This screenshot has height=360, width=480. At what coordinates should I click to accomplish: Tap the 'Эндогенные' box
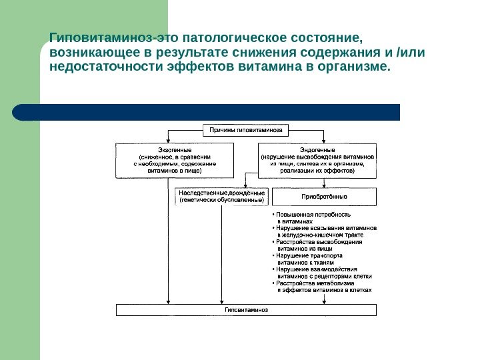coord(317,160)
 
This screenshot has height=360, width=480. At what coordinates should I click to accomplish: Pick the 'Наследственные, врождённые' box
coord(222,197)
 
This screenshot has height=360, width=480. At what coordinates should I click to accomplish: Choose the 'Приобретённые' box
coord(324,197)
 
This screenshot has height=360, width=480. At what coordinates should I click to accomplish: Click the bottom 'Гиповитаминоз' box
coord(246,310)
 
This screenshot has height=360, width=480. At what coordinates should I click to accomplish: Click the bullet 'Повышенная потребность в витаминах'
coord(313,218)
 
